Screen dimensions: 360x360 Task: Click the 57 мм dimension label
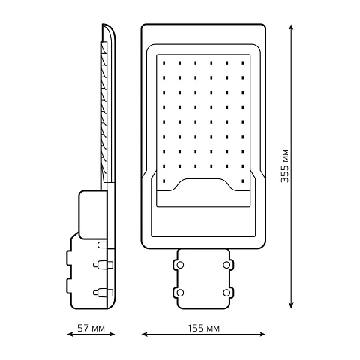click(x=91, y=328)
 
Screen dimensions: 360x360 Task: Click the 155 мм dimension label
click(x=203, y=328)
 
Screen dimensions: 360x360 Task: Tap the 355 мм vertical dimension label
click(x=285, y=166)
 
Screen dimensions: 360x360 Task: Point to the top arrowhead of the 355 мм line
click(x=291, y=28)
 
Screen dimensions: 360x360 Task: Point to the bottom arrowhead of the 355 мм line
click(x=291, y=304)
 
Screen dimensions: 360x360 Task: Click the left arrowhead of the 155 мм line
click(x=145, y=334)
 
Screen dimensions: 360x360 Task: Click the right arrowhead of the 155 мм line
click(x=262, y=334)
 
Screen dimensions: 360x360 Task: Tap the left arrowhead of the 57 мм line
click(x=71, y=334)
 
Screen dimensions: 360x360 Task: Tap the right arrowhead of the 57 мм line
click(x=111, y=334)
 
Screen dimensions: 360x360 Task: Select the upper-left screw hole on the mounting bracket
click(x=180, y=265)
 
